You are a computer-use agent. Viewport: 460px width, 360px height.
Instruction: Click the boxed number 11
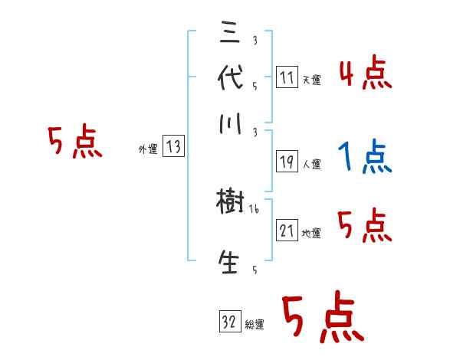[287, 77]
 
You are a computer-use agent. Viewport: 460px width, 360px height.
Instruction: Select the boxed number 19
[287, 162]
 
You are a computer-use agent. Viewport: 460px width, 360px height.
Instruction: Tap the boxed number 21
[287, 231]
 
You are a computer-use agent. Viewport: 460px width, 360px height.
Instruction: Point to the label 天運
[311, 80]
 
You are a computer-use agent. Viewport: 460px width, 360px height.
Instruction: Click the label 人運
[311, 164]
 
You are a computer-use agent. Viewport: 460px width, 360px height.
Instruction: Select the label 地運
[311, 233]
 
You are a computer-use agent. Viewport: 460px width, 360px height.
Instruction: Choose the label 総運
[255, 324]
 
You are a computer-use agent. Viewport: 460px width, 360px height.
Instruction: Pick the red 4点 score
[365, 75]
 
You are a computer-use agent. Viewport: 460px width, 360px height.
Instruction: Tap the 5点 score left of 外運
[74, 143]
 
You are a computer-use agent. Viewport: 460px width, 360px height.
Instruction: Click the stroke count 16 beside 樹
[255, 208]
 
